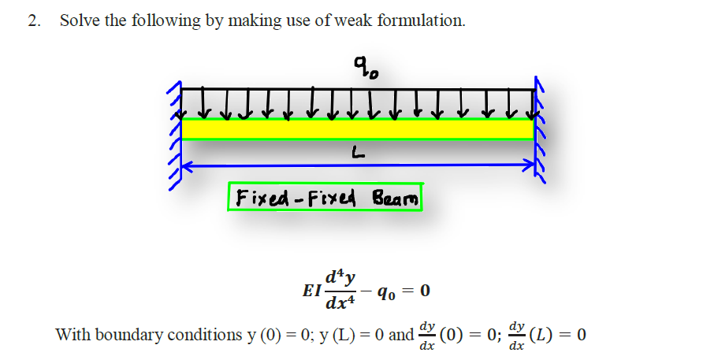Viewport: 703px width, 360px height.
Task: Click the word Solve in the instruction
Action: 80,21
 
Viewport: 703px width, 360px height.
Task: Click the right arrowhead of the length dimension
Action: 529,166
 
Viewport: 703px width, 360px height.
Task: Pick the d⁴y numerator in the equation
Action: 344,277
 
